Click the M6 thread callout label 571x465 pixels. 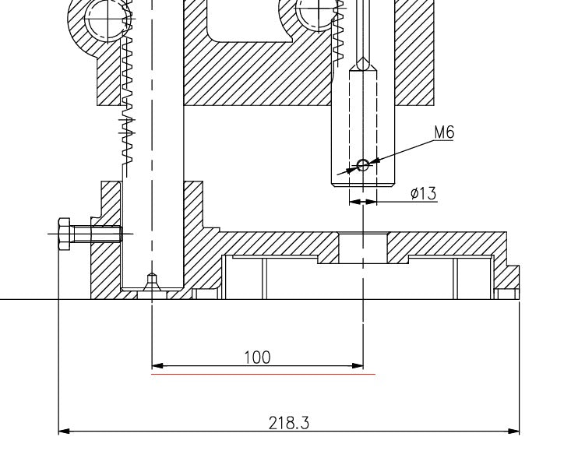444,132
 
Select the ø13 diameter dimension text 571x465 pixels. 424,193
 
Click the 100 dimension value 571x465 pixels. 257,357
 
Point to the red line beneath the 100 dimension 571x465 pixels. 263,374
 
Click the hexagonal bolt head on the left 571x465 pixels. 65,233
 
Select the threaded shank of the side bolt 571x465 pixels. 105,233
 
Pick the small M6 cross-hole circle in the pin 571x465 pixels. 362,164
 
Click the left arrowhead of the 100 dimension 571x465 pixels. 157,365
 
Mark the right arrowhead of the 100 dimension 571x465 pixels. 358,365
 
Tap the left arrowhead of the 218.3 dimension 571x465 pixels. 64,431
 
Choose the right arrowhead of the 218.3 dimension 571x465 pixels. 514,431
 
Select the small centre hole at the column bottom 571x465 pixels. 152,279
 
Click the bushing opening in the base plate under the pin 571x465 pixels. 363,248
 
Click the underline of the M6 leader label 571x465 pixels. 444,142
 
